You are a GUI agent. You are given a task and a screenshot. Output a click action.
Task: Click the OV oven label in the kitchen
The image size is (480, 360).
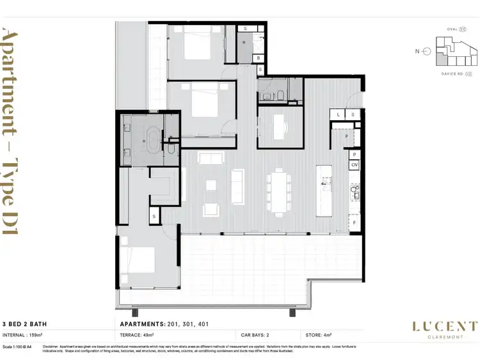click(x=354, y=166)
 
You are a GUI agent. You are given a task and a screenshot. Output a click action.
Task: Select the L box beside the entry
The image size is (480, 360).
click(x=340, y=114)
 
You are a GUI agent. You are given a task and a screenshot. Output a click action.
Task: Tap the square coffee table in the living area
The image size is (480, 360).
click(x=211, y=185)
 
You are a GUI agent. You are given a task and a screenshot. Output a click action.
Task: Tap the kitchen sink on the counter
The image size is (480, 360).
click(x=356, y=191)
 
